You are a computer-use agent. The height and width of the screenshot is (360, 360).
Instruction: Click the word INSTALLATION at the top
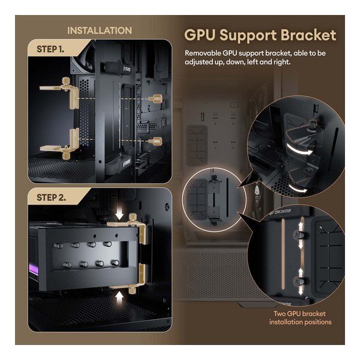pos(100,31)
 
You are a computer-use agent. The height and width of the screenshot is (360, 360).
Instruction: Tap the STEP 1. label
pos(50,49)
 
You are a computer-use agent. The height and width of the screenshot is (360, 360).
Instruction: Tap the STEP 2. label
pos(51,197)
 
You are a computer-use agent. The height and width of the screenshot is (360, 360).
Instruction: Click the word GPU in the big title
pos(200,35)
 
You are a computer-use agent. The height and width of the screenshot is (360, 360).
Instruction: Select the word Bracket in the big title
pos(308,35)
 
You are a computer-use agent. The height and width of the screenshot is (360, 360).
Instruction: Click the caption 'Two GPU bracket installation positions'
pos(301,318)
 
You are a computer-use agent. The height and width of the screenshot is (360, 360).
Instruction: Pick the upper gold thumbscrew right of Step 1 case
pos(155,99)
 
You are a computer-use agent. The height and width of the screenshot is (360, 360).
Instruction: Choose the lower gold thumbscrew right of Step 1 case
pos(155,141)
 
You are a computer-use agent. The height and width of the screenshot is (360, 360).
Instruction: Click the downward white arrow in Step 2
pos(119,215)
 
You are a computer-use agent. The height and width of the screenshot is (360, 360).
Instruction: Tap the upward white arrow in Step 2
pos(119,298)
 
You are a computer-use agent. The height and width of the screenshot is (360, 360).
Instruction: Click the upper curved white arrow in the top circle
pos(299,149)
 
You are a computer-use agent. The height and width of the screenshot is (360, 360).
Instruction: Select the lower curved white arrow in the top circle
pos(297,188)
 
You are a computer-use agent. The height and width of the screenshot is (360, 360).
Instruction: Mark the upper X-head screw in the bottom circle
pos(298,235)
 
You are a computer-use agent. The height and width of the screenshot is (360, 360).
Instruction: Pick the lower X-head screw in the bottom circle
pos(298,281)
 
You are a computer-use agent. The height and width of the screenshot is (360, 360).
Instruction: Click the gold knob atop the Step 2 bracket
pos(133,218)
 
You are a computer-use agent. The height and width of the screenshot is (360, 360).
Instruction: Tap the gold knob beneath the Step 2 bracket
pos(132,290)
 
